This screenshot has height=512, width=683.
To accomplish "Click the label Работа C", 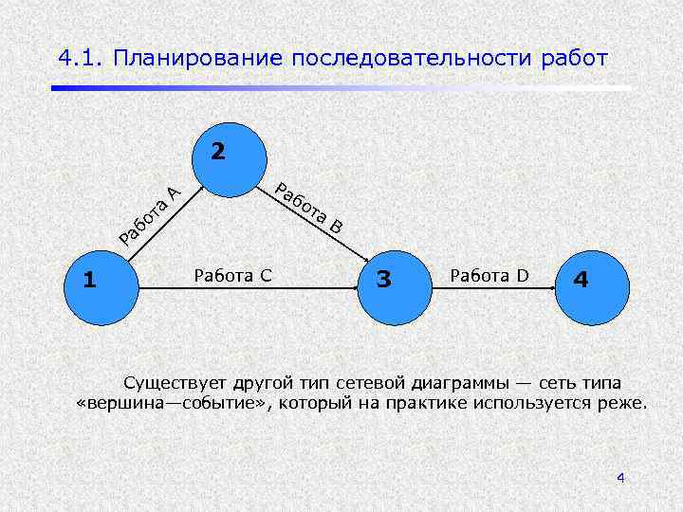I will pyautogui.click(x=232, y=275).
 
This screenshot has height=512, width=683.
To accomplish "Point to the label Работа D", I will pyautogui.click(x=489, y=275).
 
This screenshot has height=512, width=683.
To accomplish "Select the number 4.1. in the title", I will pyautogui.click(x=80, y=58).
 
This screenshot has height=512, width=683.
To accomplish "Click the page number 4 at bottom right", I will pyautogui.click(x=620, y=477).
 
